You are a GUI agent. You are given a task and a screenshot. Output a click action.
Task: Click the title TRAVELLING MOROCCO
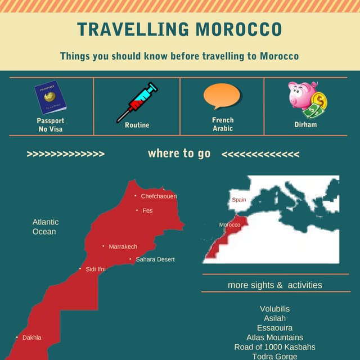point(179,30)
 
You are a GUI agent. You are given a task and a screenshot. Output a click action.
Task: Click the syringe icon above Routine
point(137,102)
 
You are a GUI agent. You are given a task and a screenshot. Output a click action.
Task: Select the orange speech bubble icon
point(223,97)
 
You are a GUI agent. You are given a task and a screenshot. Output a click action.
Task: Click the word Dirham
point(305,124)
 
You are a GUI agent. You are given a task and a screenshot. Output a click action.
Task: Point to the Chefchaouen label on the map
point(159,196)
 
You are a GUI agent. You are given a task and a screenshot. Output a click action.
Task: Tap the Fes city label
point(147,210)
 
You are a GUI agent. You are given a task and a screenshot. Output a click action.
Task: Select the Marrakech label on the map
point(123,246)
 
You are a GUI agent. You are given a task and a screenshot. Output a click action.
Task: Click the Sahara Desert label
point(155,259)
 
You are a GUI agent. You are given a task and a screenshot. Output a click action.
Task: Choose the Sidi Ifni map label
point(95,269)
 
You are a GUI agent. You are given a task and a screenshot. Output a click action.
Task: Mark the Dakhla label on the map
point(31,337)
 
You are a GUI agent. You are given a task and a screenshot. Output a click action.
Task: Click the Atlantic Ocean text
point(45,227)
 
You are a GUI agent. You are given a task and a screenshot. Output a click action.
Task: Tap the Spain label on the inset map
point(239,200)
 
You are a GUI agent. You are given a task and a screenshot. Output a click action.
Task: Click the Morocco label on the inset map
point(229,225)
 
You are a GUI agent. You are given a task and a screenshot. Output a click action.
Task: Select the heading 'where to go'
point(179,154)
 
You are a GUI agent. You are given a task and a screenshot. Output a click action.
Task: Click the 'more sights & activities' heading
point(275,285)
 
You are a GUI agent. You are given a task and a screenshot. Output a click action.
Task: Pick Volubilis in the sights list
point(275,309)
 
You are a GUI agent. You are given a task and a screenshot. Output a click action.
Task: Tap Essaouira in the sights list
point(275,328)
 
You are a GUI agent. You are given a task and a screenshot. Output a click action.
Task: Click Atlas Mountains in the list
point(275,337)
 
